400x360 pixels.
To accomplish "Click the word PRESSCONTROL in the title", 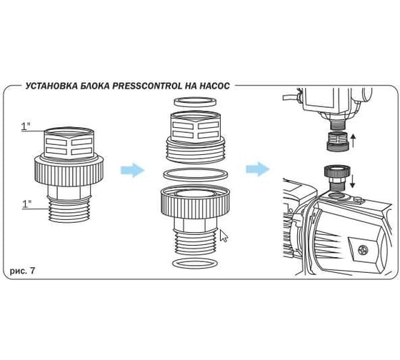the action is coord(146,86).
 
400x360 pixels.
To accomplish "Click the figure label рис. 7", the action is coord(22,271).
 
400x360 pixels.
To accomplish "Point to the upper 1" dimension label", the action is coord(26,126).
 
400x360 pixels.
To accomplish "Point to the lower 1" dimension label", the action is coord(27,204).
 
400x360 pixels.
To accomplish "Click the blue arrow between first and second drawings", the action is coord(132,170).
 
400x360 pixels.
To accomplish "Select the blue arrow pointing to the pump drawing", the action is coord(258,169).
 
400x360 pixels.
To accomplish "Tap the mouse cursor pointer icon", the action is coord(224,236).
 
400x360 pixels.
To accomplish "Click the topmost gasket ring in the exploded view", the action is coord(195,101).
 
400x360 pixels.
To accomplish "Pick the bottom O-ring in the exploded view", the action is coord(196,264).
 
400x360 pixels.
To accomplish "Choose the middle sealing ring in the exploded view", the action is coord(195,174).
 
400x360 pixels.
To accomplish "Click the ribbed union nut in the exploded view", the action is coord(195,202).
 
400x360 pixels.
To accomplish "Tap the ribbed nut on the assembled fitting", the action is coord(69,171).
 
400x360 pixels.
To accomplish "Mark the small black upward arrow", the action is coord(354,141).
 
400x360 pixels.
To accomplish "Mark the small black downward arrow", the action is coord(352,181).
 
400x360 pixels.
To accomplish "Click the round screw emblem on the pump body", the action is coord(362,249).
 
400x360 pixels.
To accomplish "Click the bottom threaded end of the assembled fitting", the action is coord(69,209).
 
